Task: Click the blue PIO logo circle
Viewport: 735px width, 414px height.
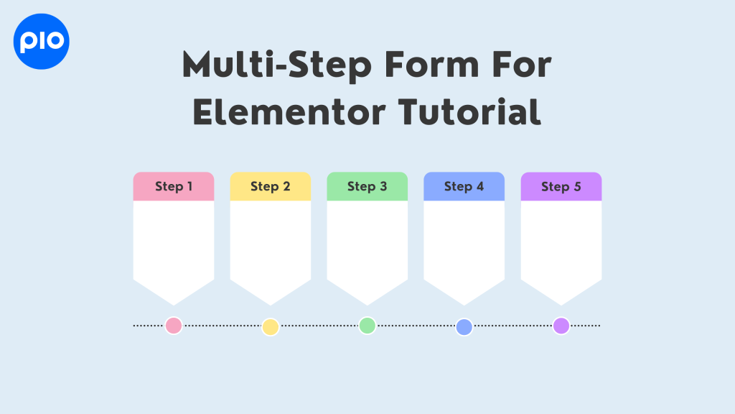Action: [42, 41]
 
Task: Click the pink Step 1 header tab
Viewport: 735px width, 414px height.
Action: [174, 187]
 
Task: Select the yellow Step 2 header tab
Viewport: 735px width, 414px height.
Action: [271, 187]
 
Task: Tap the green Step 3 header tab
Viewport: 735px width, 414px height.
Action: [367, 187]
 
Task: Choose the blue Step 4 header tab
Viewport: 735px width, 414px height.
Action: [464, 187]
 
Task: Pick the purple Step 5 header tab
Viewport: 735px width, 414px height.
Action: [561, 187]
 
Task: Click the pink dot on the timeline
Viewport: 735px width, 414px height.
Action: [174, 326]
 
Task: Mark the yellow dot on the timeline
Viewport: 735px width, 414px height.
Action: [271, 327]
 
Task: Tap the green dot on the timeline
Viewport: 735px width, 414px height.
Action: [367, 326]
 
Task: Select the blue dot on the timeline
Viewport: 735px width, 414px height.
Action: [464, 327]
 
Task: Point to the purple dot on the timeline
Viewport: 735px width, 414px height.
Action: [561, 326]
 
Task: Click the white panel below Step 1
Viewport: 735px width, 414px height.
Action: [174, 244]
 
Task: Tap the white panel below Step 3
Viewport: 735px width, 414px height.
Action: [367, 244]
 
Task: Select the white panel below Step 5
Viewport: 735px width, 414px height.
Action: [561, 244]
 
